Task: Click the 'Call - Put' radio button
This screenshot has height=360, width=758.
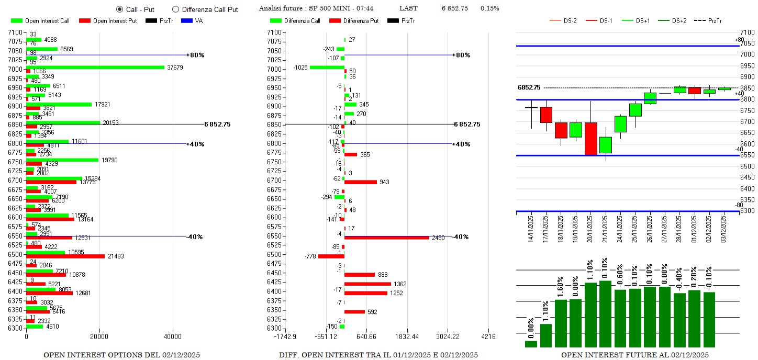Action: click(119, 9)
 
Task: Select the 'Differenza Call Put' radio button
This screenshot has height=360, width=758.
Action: click(175, 9)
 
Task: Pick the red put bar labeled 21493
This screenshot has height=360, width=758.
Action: click(65, 256)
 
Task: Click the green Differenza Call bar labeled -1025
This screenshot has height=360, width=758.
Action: click(327, 67)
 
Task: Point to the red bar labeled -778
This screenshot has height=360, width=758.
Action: click(331, 256)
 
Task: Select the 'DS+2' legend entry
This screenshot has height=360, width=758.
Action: click(678, 21)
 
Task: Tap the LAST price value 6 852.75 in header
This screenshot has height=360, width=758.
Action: click(455, 8)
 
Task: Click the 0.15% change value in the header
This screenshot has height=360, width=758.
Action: click(489, 8)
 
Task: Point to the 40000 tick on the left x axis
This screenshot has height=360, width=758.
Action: click(173, 336)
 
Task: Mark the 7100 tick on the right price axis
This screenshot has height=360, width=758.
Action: click(747, 32)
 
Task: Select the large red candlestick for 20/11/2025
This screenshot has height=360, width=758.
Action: click(591, 139)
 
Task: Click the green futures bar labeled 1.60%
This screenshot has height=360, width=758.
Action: click(561, 323)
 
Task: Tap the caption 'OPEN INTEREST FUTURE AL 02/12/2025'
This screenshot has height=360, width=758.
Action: click(635, 355)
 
